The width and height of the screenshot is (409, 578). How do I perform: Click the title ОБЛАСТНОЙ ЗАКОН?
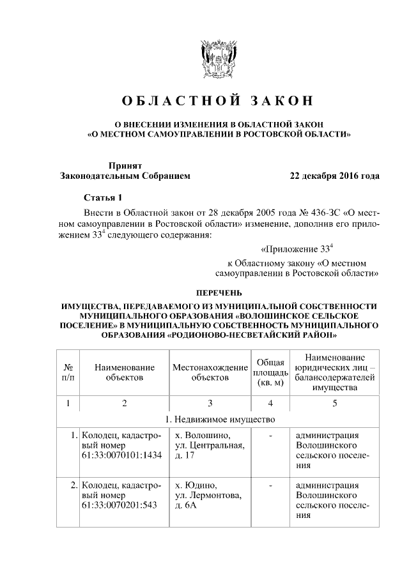[x=218, y=102]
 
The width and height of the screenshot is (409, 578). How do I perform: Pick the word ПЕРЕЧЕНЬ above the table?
[x=218, y=294]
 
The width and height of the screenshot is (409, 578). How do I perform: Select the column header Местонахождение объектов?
[x=210, y=372]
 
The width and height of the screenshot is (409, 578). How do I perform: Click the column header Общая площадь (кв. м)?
[x=270, y=372]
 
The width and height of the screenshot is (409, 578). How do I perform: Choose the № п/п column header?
[x=68, y=372]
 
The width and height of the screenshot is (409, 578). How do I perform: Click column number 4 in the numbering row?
[x=270, y=404]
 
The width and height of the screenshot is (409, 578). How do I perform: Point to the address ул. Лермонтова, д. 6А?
[x=208, y=500]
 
